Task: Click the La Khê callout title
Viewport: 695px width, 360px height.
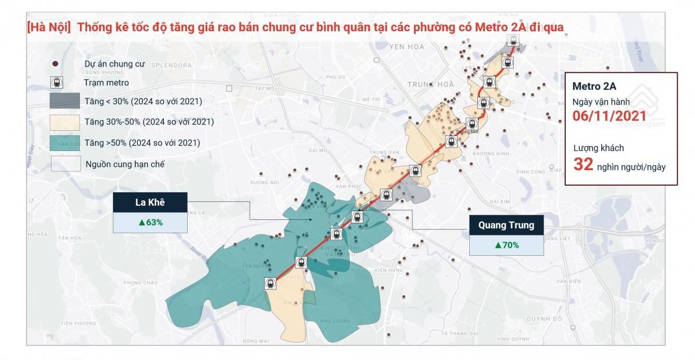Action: (150, 203)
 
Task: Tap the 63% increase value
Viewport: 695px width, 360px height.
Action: (150, 222)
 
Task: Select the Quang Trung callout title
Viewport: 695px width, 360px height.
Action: (506, 225)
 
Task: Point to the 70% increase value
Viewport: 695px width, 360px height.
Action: (506, 245)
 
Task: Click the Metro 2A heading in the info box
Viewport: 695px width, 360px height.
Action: (594, 87)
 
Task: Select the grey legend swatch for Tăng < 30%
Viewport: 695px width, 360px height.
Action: (65, 101)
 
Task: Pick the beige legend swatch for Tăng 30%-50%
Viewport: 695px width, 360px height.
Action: (65, 122)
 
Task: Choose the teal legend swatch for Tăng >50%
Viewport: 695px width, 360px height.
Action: (65, 142)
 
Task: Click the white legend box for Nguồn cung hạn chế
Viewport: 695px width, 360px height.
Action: (65, 164)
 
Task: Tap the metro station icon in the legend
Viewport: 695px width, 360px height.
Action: (57, 83)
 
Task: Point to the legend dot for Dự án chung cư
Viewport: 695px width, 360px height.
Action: (56, 64)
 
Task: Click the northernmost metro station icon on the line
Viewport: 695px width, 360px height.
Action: (513, 41)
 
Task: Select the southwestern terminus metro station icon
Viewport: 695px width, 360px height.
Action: (270, 284)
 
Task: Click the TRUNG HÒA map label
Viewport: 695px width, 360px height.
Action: (430, 85)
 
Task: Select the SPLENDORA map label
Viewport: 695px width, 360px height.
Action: (171, 65)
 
